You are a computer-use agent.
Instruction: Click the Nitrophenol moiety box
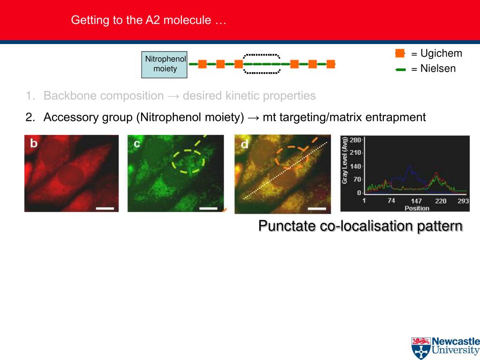point(165,65)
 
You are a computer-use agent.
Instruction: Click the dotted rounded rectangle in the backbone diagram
point(262,55)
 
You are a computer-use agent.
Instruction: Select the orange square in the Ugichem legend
point(400,53)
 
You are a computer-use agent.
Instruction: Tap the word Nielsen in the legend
point(438,68)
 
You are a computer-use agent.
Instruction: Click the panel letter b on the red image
point(34,143)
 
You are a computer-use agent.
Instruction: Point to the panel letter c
point(137,143)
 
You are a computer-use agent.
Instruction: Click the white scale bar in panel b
point(105,208)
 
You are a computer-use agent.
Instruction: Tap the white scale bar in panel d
point(317,209)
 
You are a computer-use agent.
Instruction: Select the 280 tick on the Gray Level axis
point(355,140)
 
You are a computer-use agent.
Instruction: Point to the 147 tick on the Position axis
point(416,201)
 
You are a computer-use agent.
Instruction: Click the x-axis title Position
point(417,208)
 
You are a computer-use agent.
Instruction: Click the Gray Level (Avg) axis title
point(345,160)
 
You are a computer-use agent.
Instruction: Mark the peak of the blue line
point(410,166)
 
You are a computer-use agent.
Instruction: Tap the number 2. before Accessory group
point(30,117)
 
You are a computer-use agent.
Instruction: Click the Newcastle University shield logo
point(421,348)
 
